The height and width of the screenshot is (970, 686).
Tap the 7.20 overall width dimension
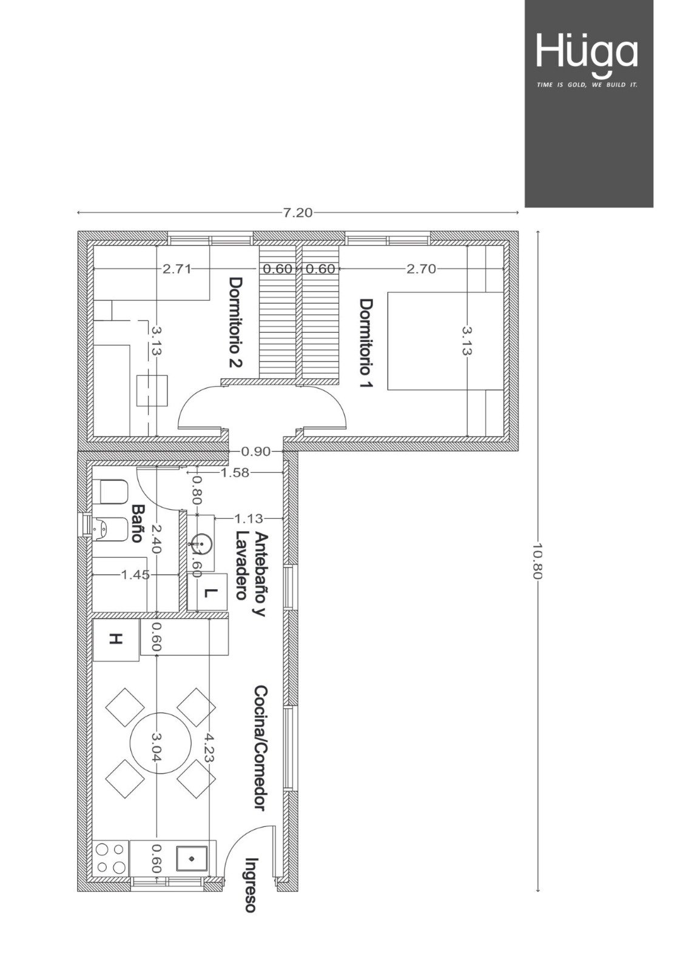(x=297, y=213)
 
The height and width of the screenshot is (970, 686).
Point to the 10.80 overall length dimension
(x=538, y=561)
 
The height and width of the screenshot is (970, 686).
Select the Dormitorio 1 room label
(x=366, y=343)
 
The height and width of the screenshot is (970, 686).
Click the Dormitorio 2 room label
(x=236, y=322)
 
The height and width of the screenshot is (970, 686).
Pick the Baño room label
(x=137, y=523)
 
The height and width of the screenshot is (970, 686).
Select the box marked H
(x=116, y=640)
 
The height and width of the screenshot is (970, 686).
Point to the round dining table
(x=161, y=742)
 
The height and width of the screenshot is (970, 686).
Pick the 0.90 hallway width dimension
(x=256, y=452)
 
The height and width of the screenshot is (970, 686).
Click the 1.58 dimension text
(x=235, y=472)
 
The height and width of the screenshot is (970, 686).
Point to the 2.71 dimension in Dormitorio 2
(x=177, y=269)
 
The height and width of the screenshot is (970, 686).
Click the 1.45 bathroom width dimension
(x=135, y=575)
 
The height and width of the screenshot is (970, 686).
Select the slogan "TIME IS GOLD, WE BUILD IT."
(x=587, y=85)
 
